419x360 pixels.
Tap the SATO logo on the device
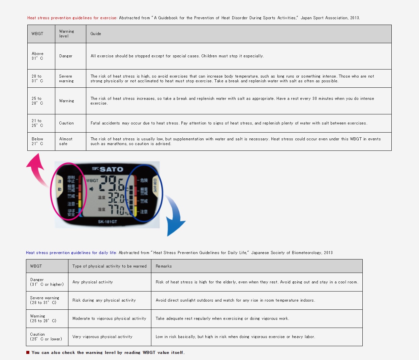(108, 169)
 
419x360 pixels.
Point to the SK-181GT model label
(108, 222)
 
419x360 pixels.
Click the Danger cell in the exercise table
(66, 56)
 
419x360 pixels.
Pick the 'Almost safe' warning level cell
(66, 141)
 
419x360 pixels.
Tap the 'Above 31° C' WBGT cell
(37, 56)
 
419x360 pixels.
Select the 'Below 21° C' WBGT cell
(37, 141)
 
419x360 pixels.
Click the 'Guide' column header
(96, 34)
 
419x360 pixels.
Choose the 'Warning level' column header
(66, 34)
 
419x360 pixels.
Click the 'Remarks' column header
(164, 266)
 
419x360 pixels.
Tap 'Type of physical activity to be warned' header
(110, 266)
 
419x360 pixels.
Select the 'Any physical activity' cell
(93, 282)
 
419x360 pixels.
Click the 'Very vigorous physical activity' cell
(102, 337)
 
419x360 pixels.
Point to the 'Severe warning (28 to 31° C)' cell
(44, 300)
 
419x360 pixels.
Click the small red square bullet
(28, 353)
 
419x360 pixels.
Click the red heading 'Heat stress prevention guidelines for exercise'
(72, 18)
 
